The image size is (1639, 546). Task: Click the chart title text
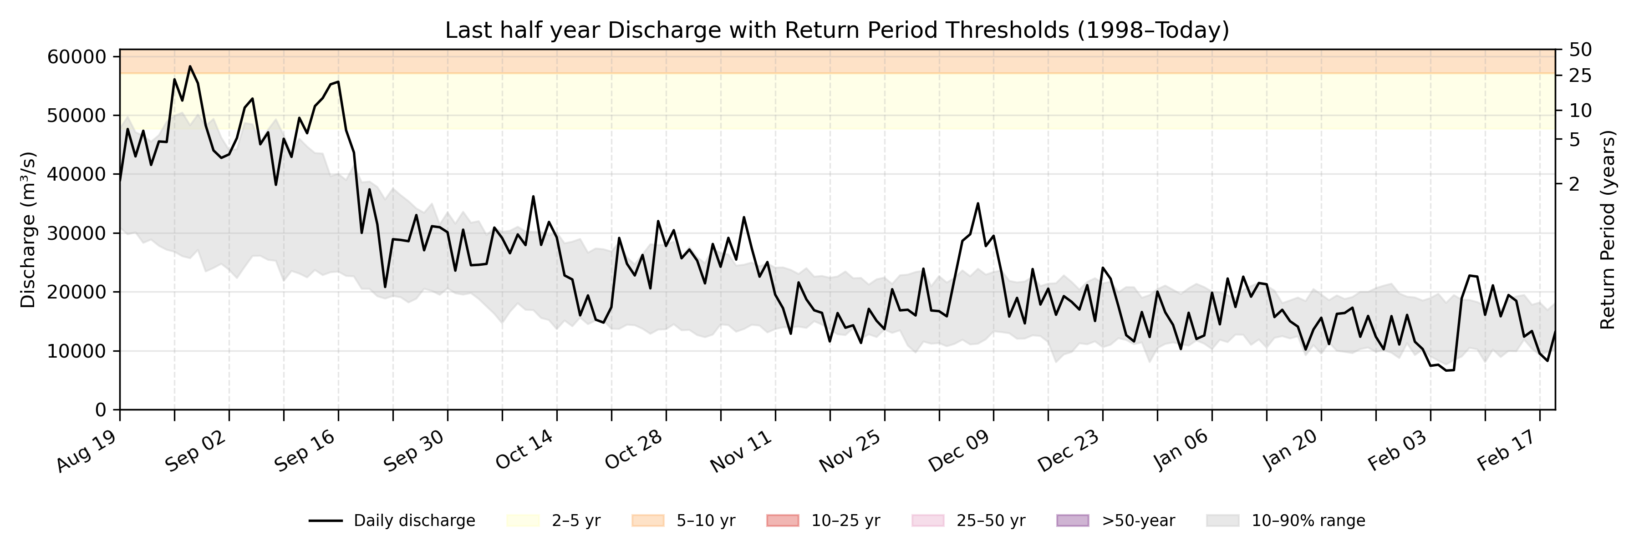(x=837, y=30)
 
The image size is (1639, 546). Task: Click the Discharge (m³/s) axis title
(x=28, y=230)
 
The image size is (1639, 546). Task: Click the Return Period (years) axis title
(x=1608, y=230)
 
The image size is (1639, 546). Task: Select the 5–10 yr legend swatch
(x=648, y=521)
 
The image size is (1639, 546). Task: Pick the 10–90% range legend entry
(x=1285, y=521)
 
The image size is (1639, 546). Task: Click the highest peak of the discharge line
(x=189, y=66)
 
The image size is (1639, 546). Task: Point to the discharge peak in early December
(x=978, y=203)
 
